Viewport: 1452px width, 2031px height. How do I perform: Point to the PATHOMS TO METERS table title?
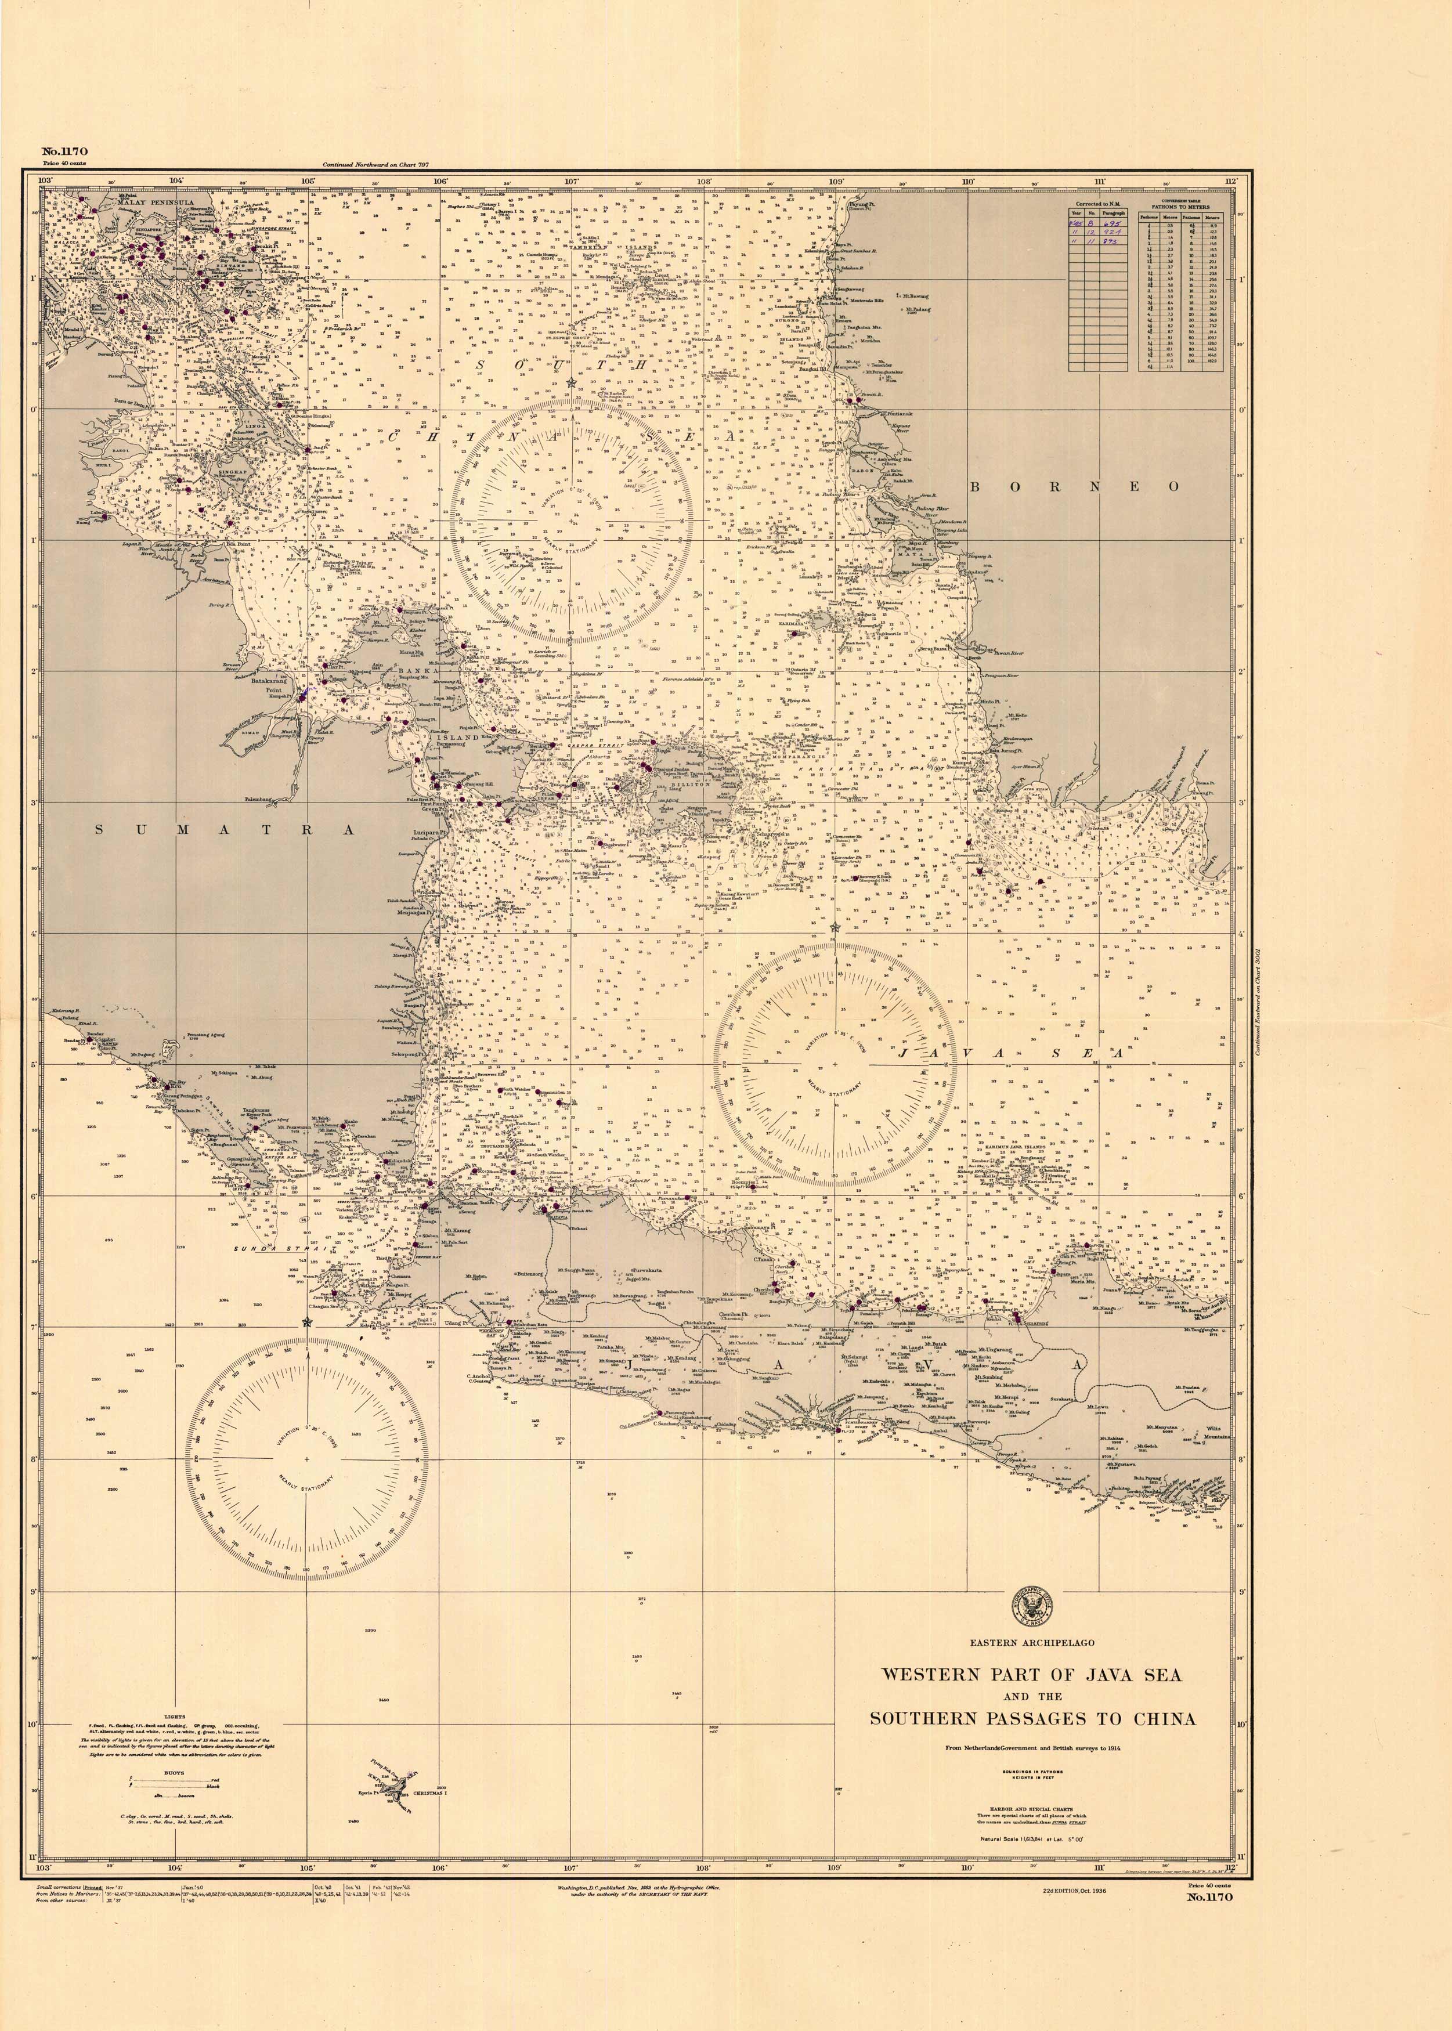pos(1180,207)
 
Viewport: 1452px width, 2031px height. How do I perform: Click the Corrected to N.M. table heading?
pos(1100,204)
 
